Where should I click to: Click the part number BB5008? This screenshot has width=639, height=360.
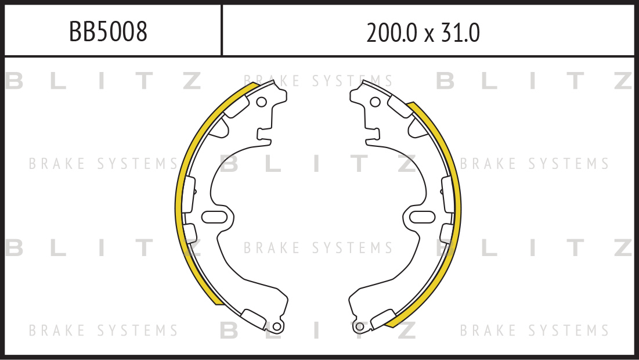(x=108, y=32)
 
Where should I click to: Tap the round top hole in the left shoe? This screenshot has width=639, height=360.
(x=261, y=102)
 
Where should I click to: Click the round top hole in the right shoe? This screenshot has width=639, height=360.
(x=375, y=102)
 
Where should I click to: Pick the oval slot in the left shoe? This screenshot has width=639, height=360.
(x=214, y=217)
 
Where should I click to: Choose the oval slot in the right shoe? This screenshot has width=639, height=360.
(x=423, y=217)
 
